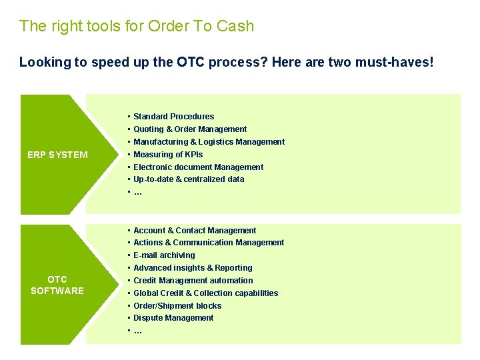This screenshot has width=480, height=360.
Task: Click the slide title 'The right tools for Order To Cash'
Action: pyautogui.click(x=137, y=27)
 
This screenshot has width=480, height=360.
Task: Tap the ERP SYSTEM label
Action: pyautogui.click(x=57, y=155)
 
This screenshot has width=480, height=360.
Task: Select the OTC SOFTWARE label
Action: pyautogui.click(x=57, y=285)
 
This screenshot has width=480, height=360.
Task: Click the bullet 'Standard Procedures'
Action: pyautogui.click(x=173, y=117)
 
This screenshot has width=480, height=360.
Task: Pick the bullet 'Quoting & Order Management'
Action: pyautogui.click(x=190, y=129)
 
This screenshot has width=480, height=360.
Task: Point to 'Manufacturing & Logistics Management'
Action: pyautogui.click(x=209, y=142)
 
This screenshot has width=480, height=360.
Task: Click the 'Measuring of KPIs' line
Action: pyautogui.click(x=168, y=155)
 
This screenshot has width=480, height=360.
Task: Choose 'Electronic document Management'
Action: pyautogui.click(x=198, y=167)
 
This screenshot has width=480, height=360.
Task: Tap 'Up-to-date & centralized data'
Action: pyautogui.click(x=189, y=179)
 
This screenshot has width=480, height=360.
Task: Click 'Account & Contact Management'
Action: pyautogui.click(x=195, y=231)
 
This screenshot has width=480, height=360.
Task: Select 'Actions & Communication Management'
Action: pyautogui.click(x=209, y=243)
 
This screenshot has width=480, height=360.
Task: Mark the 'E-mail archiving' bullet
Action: pyautogui.click(x=164, y=255)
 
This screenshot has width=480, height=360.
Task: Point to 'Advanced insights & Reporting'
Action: pyautogui.click(x=193, y=268)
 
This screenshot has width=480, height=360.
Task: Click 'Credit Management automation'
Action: pyautogui.click(x=193, y=281)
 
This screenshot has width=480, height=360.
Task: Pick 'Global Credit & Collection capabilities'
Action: pyautogui.click(x=205, y=293)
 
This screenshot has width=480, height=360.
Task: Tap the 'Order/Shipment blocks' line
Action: pyautogui.click(x=177, y=306)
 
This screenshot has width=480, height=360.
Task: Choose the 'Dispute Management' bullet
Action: pyautogui.click(x=173, y=318)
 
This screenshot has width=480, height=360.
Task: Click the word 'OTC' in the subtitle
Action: pyautogui.click(x=190, y=63)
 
